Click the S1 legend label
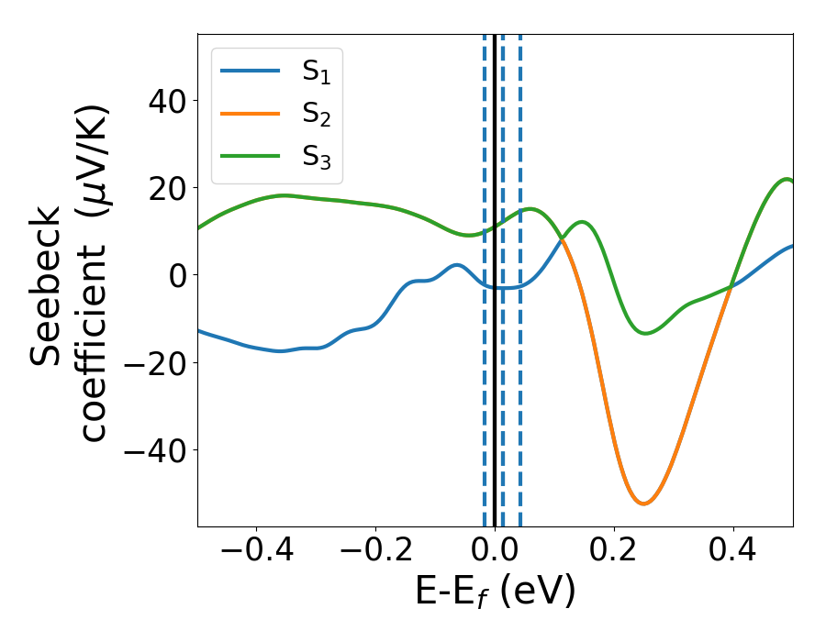coord(316,72)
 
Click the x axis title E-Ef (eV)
coord(495,592)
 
